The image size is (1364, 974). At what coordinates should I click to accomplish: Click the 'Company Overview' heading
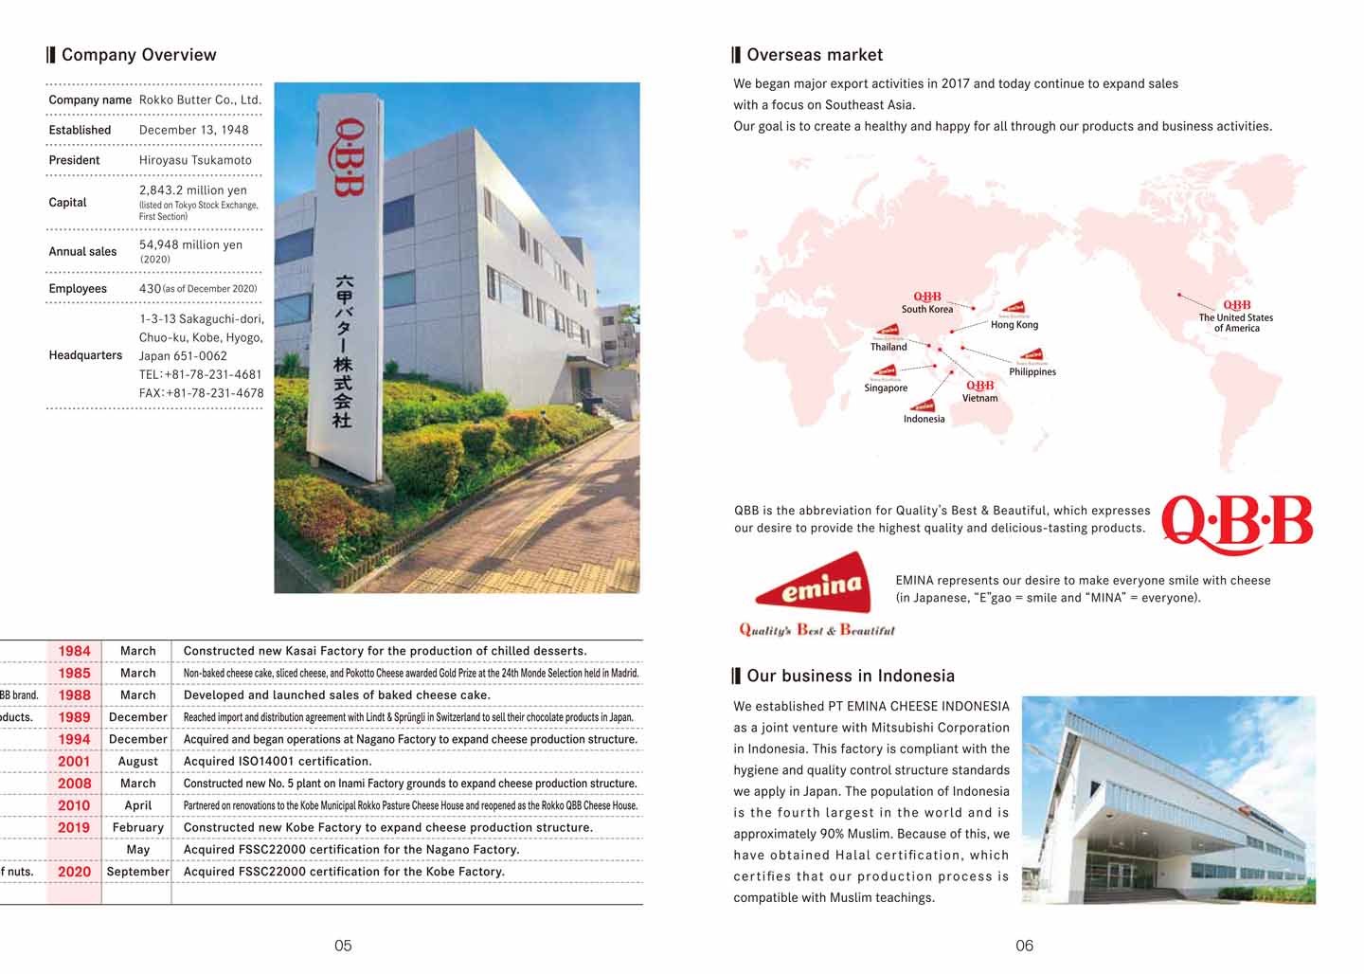pos(138,55)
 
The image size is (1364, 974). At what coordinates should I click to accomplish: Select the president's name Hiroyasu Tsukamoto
pos(195,160)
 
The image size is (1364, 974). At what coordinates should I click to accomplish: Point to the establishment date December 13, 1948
pos(193,130)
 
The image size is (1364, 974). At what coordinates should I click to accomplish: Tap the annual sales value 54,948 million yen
pos(190,244)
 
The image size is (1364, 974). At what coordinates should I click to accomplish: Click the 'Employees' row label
pos(78,289)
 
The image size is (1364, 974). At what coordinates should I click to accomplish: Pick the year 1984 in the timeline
pos(74,651)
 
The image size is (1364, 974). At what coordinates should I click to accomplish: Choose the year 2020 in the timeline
pos(74,872)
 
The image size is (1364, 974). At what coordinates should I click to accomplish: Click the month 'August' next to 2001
pos(137,762)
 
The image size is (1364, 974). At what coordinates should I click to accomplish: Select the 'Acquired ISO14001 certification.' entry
pos(278,762)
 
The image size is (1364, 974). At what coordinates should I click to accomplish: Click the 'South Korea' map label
pos(927,310)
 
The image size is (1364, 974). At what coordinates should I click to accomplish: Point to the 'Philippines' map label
pos(1032,372)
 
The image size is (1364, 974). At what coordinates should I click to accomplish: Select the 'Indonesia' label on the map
pos(924,419)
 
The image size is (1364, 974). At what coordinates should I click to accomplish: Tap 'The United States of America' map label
pos(1236,323)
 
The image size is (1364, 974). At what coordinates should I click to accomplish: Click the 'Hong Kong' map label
pos(1014,325)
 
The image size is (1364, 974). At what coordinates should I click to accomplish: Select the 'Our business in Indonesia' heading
pos(850,676)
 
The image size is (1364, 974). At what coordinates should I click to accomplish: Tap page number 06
pos(1024,946)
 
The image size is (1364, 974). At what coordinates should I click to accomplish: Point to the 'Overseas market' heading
pos(814,55)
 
